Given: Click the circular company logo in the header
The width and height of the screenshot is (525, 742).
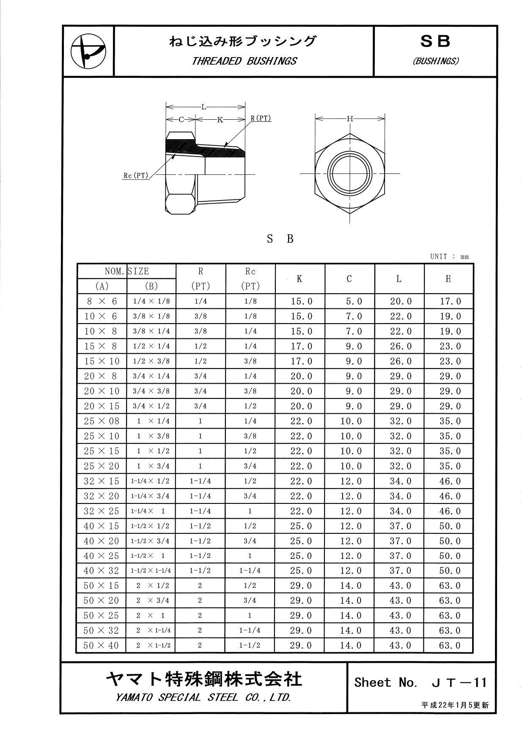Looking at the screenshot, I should (88, 52).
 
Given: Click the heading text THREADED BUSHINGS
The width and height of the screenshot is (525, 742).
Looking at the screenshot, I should (244, 61).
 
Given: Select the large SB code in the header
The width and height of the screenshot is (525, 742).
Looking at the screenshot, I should (435, 41).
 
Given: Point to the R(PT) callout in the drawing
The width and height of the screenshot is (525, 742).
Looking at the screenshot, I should (261, 118).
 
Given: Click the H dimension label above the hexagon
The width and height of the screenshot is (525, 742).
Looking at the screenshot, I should (349, 119).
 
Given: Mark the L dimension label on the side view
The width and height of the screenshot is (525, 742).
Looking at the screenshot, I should (204, 107).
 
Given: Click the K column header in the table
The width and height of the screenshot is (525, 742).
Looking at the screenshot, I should (300, 279).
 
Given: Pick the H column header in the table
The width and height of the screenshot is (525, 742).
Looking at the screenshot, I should (448, 279).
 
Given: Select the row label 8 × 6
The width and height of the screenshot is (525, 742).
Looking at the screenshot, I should (101, 302).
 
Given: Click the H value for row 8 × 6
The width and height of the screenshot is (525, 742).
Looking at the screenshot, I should (450, 302).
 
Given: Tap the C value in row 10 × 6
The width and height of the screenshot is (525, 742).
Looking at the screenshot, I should (351, 316).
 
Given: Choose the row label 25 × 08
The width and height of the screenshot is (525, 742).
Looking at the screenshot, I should (102, 421).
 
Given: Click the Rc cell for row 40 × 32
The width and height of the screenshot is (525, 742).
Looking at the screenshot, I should (250, 571).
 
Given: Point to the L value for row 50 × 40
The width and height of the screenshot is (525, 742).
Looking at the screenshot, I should (400, 646).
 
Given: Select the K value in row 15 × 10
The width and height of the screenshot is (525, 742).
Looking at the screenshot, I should (301, 361).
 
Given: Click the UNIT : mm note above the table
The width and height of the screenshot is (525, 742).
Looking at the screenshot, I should (449, 256).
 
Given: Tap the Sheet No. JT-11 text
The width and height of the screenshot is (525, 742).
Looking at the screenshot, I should (421, 682).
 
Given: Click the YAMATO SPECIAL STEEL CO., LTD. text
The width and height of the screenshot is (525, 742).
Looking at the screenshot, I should (203, 698).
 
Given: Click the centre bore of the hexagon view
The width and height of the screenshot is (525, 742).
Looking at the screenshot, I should (350, 173).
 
